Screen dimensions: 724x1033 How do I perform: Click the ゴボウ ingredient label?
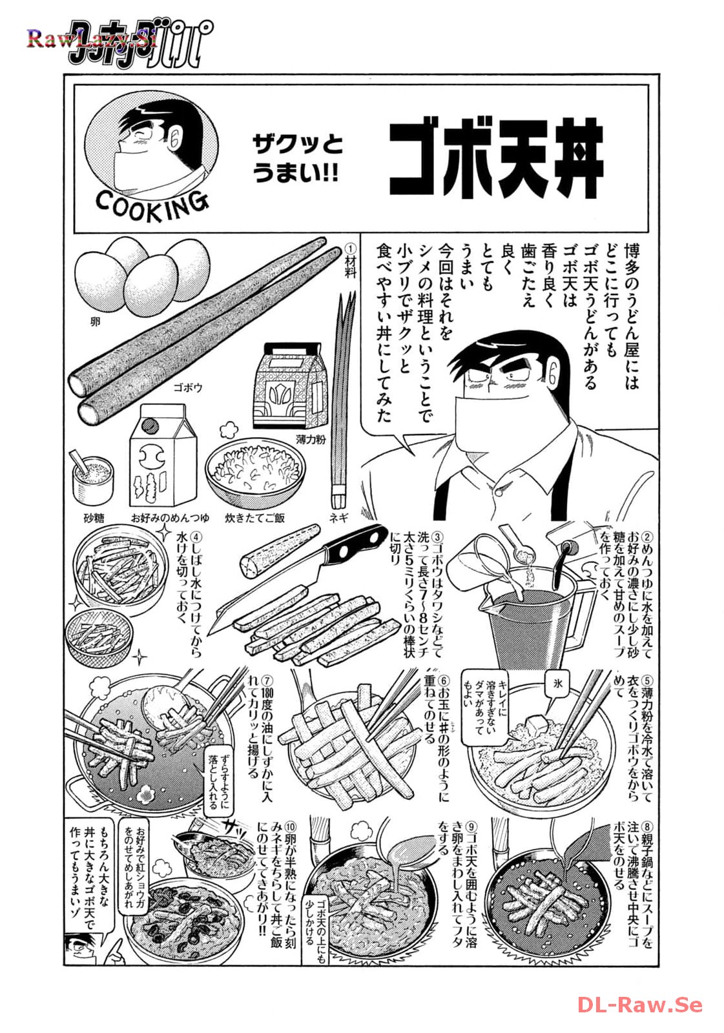187,388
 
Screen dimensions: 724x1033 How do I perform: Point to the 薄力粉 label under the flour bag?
311,440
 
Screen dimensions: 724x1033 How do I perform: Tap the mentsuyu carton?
160,456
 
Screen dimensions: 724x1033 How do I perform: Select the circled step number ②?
648,537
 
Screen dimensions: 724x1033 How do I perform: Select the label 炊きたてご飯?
254,518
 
